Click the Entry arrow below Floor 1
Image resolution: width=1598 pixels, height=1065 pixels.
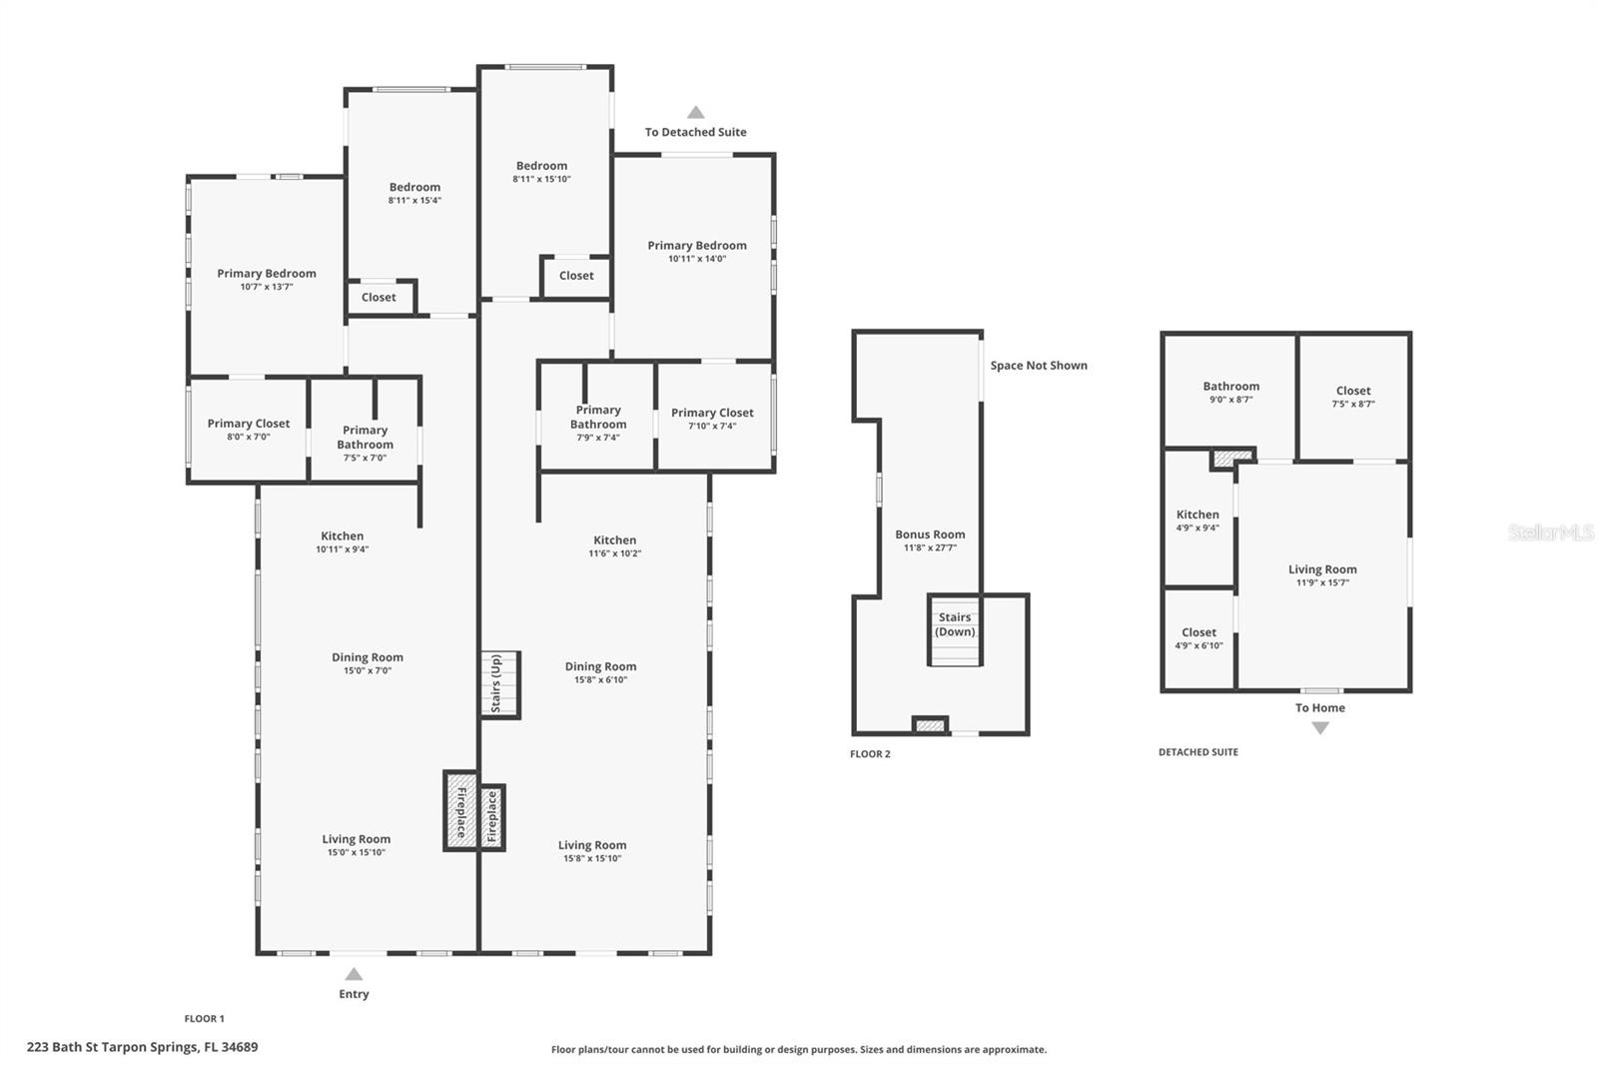[x=354, y=974]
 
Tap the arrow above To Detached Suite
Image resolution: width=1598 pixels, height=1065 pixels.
[x=695, y=112]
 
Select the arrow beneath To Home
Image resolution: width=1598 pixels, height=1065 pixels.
[x=1320, y=728]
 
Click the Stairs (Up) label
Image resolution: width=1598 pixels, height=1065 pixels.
[x=495, y=683]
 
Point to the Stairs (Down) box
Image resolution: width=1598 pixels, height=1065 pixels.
[x=955, y=629]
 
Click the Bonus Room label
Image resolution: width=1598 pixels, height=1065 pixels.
[x=930, y=533]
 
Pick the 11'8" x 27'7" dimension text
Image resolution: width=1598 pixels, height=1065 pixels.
[x=930, y=547]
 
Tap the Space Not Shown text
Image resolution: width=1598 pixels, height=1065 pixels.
[x=1039, y=366]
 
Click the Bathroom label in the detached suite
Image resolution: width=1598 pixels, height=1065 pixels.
[x=1231, y=387]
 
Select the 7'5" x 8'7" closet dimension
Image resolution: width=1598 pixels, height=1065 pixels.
[x=1353, y=404]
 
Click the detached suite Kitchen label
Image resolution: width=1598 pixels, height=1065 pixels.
[x=1198, y=515]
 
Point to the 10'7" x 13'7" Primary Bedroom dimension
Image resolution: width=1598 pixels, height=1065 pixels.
[x=267, y=287]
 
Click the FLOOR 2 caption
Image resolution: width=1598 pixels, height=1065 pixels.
[x=870, y=753]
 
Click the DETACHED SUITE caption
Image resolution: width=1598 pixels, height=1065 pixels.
[x=1198, y=751]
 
